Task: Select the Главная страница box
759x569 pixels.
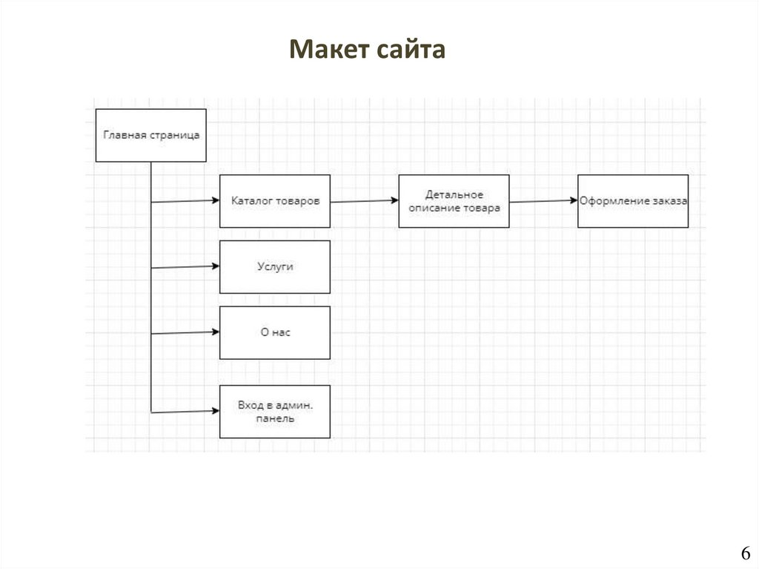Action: (x=151, y=135)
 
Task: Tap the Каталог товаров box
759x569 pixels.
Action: (x=275, y=201)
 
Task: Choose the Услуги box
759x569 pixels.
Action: (x=275, y=266)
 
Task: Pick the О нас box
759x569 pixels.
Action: (x=275, y=332)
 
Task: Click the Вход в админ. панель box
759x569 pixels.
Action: (x=275, y=412)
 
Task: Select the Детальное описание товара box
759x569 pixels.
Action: (x=454, y=201)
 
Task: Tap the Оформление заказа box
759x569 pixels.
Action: (x=633, y=201)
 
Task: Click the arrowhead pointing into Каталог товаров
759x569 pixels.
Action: (x=216, y=200)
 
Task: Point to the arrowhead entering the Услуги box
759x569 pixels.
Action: (x=216, y=266)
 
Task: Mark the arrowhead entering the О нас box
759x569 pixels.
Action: (x=216, y=332)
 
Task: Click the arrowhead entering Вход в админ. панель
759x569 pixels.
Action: (x=216, y=411)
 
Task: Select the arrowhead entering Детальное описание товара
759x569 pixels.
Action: (x=395, y=200)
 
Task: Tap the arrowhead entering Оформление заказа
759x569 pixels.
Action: (x=574, y=200)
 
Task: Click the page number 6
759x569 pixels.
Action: (x=745, y=553)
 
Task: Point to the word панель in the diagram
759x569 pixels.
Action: (x=275, y=418)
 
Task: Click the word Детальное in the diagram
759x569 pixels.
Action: (x=454, y=194)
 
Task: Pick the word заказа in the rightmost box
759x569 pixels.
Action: (x=670, y=201)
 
